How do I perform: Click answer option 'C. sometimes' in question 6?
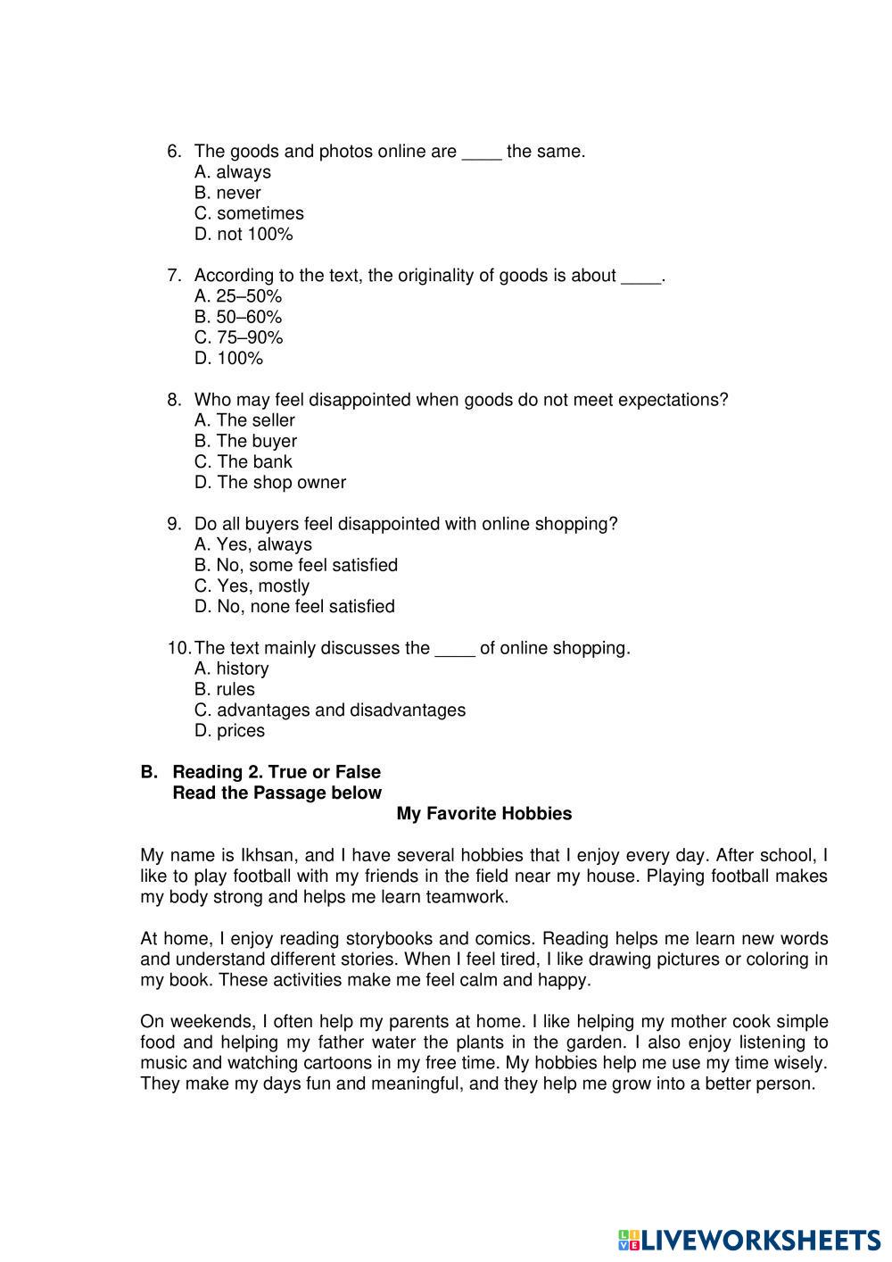pos(249,213)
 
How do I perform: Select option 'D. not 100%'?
pos(244,234)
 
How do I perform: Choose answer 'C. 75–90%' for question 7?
pos(238,337)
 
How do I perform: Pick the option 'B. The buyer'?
pos(245,441)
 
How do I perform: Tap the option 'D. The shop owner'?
pos(269,482)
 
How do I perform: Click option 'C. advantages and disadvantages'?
pos(330,710)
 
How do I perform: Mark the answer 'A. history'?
pos(231,668)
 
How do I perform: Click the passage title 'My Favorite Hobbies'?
pos(483,814)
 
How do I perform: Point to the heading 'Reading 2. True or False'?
pos(277,772)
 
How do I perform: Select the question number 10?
pos(178,648)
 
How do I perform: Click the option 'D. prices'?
pos(229,730)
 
